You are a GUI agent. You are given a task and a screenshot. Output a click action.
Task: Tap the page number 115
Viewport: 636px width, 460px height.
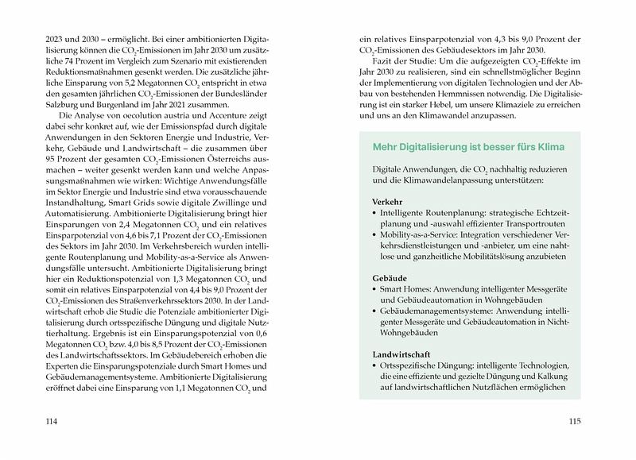(x=577, y=422)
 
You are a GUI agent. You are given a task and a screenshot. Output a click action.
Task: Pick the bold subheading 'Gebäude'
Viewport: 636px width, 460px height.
(x=390, y=280)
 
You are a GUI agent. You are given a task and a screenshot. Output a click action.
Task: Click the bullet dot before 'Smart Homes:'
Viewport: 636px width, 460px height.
(x=374, y=292)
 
